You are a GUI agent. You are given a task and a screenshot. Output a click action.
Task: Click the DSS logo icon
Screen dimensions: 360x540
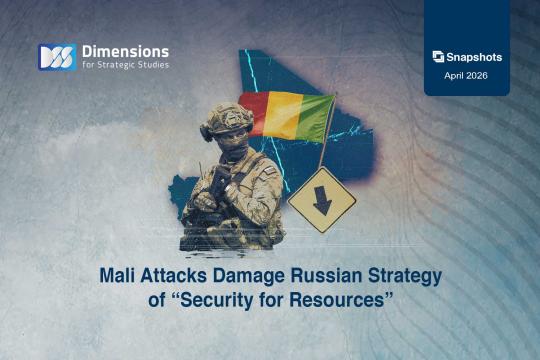[x=57, y=57]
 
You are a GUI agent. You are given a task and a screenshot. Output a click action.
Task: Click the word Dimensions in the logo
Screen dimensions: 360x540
[x=125, y=50]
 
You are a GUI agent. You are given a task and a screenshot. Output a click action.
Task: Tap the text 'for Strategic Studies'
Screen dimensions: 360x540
[x=125, y=66]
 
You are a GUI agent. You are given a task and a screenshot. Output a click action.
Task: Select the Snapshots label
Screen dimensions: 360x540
[x=474, y=57]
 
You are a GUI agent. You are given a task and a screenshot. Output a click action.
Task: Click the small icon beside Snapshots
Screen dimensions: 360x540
[x=438, y=57]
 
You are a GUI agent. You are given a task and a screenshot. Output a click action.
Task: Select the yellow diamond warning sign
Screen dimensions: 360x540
[x=322, y=198]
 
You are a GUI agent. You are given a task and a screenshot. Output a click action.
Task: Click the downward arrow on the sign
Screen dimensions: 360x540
[x=322, y=199]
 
